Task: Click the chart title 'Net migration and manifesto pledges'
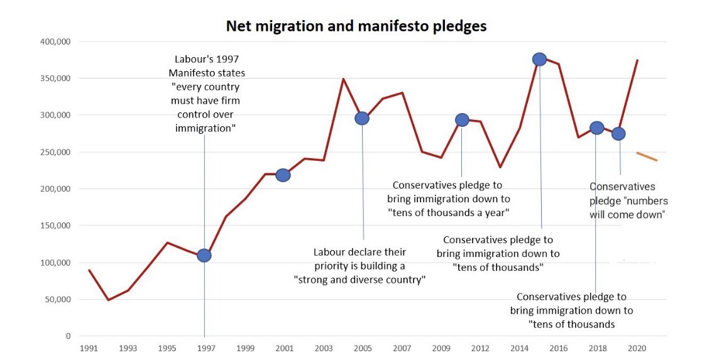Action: (356, 26)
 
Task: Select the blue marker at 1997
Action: (204, 255)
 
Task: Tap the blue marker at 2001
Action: (283, 175)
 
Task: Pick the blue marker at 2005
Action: (362, 118)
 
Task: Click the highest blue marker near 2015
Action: (539, 59)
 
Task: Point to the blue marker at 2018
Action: (597, 128)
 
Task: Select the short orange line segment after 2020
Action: (647, 156)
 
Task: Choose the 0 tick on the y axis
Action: (68, 336)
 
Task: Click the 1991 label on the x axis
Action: (89, 348)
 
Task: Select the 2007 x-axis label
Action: (402, 348)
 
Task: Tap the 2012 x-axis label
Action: (481, 348)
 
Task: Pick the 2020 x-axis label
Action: (637, 348)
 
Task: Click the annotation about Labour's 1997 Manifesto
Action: (206, 93)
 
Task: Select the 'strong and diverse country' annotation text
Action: (360, 266)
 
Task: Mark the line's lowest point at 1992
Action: (108, 300)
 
